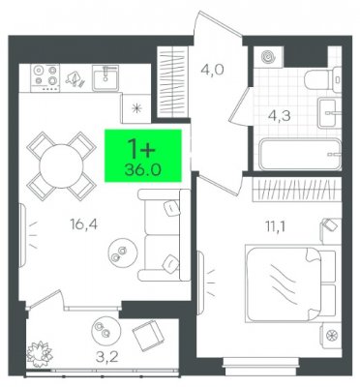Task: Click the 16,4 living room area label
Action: pos(83,224)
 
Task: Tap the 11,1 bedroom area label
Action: pos(276,226)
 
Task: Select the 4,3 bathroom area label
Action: pos(279,116)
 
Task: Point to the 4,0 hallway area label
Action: pos(212,70)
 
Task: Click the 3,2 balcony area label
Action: pos(107,357)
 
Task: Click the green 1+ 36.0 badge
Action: pos(143,156)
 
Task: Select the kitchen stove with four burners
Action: pos(45,77)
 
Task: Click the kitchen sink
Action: pos(105,77)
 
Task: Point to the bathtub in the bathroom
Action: pos(300,154)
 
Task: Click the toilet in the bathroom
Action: pos(322,78)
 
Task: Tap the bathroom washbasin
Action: pos(329,113)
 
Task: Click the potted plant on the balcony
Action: pos(40,354)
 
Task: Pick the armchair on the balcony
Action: pos(148,336)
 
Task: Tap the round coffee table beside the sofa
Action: pos(123,253)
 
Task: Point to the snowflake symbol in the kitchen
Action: pos(137,108)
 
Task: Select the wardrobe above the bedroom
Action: pos(296,190)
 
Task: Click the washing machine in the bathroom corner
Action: pos(268,57)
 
